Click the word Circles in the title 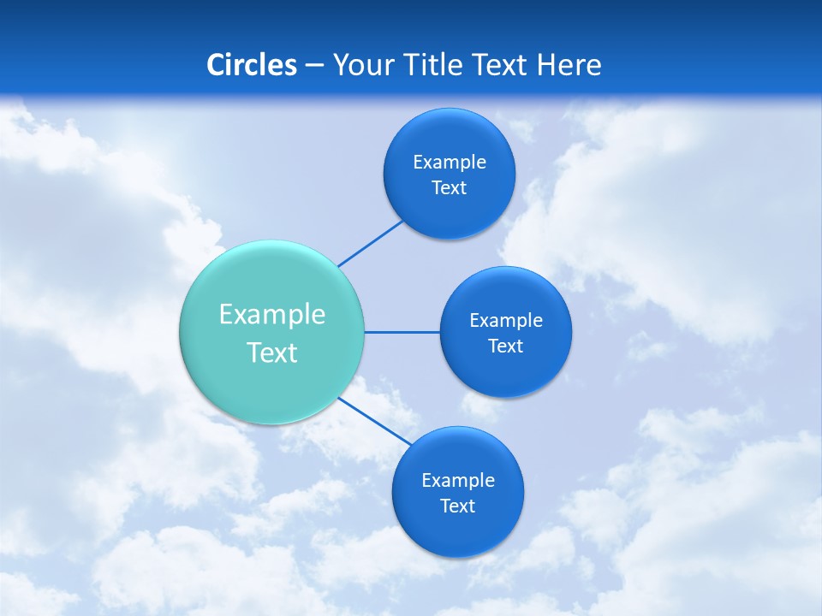(252, 65)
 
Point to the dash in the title (314, 66)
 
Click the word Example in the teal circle (272, 315)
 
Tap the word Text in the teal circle (272, 352)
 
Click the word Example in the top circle (450, 163)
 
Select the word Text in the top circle (450, 188)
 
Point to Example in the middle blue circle (506, 321)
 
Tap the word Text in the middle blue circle (506, 346)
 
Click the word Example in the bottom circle (458, 481)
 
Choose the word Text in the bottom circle (458, 506)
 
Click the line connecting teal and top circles (370, 243)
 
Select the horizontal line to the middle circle (402, 332)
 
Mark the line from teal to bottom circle (375, 422)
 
